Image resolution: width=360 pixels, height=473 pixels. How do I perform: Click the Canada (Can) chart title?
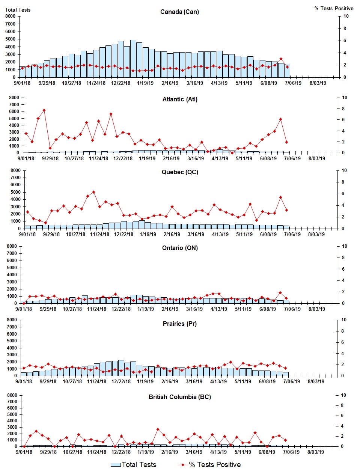(x=179, y=12)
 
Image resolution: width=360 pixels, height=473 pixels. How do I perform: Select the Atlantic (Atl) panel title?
(x=180, y=99)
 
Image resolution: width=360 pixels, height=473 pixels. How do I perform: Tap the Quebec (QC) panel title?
(x=180, y=172)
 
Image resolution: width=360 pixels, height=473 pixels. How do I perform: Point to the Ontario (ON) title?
(x=180, y=248)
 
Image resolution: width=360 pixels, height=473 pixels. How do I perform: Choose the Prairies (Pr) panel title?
(x=180, y=324)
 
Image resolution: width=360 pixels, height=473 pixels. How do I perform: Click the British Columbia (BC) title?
(x=180, y=397)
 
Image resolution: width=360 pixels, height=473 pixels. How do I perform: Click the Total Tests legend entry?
(x=134, y=465)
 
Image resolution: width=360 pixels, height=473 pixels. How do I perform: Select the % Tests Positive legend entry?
(x=209, y=465)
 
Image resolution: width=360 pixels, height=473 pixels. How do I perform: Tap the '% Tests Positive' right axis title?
(x=334, y=8)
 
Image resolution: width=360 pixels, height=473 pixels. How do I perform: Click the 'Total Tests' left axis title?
(x=18, y=10)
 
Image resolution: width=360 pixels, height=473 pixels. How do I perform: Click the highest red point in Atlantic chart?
(x=44, y=110)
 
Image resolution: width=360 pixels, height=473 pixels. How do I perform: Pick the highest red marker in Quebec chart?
(x=93, y=192)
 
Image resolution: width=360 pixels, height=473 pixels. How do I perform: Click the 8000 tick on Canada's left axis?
(x=11, y=16)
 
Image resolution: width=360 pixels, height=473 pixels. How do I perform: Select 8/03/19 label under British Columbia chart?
(x=316, y=452)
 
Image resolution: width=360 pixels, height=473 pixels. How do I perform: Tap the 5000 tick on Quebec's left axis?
(x=15, y=192)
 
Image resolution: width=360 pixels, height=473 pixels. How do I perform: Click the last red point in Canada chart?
(x=287, y=67)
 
